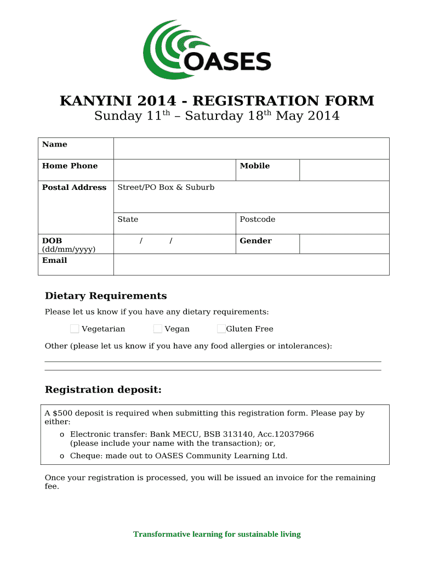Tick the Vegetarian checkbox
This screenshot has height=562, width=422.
click(75, 329)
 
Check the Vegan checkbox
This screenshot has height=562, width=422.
click(158, 329)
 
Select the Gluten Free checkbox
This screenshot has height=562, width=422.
click(221, 329)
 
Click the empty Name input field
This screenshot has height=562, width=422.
click(251, 148)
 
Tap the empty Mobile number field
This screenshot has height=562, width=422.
click(344, 170)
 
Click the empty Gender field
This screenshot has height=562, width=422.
click(344, 244)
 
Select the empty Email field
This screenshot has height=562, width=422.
click(251, 265)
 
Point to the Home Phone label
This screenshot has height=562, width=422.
click(70, 166)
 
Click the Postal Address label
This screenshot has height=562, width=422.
click(74, 187)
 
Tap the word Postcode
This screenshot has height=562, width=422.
click(258, 219)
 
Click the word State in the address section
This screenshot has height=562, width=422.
click(128, 219)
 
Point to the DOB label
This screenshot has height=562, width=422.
click(52, 240)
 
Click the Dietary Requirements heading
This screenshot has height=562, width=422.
click(105, 296)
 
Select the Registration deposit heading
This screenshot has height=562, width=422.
click(103, 390)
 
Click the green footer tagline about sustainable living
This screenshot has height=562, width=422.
click(217, 534)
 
